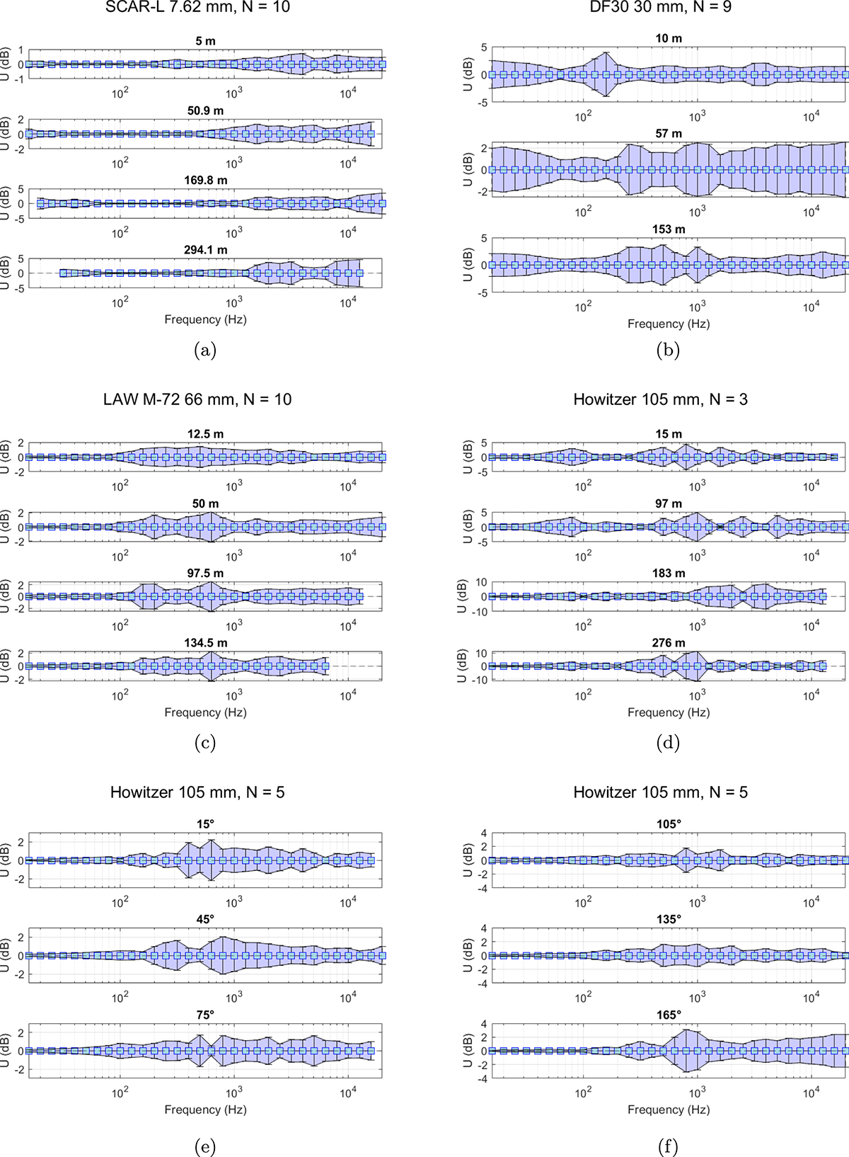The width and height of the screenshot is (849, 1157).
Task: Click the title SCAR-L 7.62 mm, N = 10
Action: pos(197,7)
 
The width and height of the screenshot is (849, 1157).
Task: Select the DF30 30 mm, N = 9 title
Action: pos(660,7)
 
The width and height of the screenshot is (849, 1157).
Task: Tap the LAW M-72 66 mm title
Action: pos(197,399)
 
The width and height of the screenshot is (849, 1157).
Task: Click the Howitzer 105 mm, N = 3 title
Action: pos(660,399)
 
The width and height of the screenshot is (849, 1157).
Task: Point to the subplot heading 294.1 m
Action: pos(205,250)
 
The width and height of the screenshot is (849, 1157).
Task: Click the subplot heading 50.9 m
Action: pos(205,110)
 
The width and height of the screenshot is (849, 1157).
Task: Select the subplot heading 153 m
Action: pos(669,229)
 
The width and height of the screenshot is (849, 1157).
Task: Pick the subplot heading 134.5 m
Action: pos(205,643)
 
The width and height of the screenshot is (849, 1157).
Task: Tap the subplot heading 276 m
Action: pos(669,643)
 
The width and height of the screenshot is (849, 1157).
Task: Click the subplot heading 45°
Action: pos(205,919)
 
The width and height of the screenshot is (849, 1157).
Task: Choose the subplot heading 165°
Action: pos(669,1015)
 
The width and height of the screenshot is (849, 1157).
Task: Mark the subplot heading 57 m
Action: pos(669,134)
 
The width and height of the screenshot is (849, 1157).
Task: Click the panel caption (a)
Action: pos(204,350)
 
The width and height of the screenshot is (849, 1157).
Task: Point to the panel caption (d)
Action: pos(668,742)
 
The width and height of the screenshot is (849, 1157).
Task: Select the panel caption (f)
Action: pos(668,1146)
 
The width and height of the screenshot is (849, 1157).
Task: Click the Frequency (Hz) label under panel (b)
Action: pos(669,324)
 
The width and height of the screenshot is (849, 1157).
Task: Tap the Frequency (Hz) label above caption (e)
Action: pos(205,1110)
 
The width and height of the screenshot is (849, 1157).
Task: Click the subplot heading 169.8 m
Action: pos(205,181)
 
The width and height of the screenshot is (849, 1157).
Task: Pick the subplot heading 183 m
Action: pos(669,574)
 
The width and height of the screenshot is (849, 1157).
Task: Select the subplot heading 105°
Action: pos(669,824)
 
